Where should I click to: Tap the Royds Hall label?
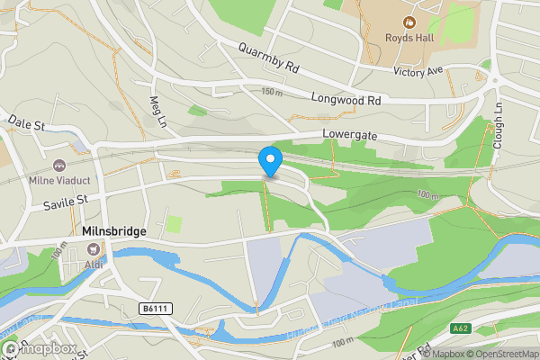tap(410, 38)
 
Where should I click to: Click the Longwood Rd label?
tap(346, 100)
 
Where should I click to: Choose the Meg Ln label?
tap(159, 111)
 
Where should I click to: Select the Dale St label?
tap(27, 123)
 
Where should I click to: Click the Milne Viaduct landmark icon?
tap(59, 166)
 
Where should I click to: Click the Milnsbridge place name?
tap(114, 231)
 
